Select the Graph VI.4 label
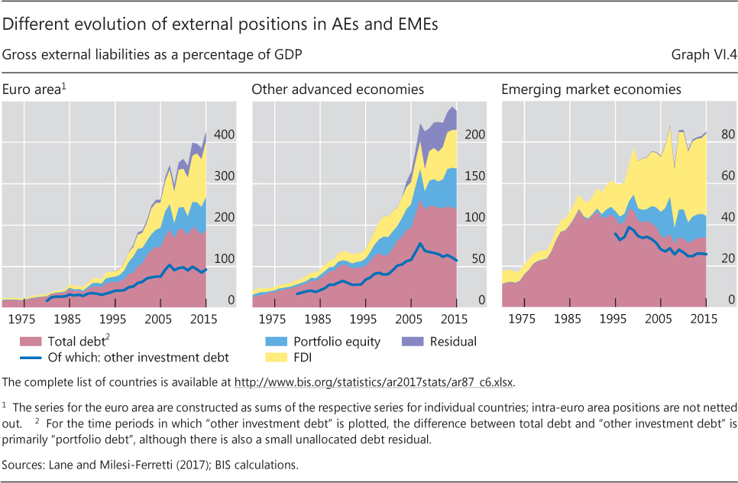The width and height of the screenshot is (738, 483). pos(701,55)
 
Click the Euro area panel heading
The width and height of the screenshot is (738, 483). pos(34,90)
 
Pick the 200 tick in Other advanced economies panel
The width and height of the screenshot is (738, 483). pos(476,135)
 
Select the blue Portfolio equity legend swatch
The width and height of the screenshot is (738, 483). pos(272,342)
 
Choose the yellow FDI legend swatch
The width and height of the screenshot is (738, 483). pos(272,356)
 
